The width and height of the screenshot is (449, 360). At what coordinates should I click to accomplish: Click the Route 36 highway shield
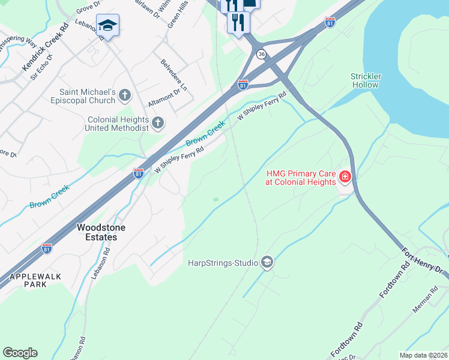[x=261, y=55]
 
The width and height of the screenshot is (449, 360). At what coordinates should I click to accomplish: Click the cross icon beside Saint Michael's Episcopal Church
[x=125, y=95]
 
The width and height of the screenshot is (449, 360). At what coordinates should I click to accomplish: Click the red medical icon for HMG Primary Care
[x=345, y=176]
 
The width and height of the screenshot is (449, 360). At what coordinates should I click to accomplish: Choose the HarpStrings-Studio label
[x=223, y=263]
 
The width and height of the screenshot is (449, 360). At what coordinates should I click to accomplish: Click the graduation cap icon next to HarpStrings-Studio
[x=267, y=262]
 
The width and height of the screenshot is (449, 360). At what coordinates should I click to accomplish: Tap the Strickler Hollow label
[x=366, y=80]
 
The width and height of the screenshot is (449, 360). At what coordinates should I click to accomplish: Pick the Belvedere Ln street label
[x=173, y=74]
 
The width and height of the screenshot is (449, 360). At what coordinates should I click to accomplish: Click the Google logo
[x=20, y=353]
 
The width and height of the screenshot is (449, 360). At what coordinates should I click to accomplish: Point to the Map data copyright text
[x=423, y=355]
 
